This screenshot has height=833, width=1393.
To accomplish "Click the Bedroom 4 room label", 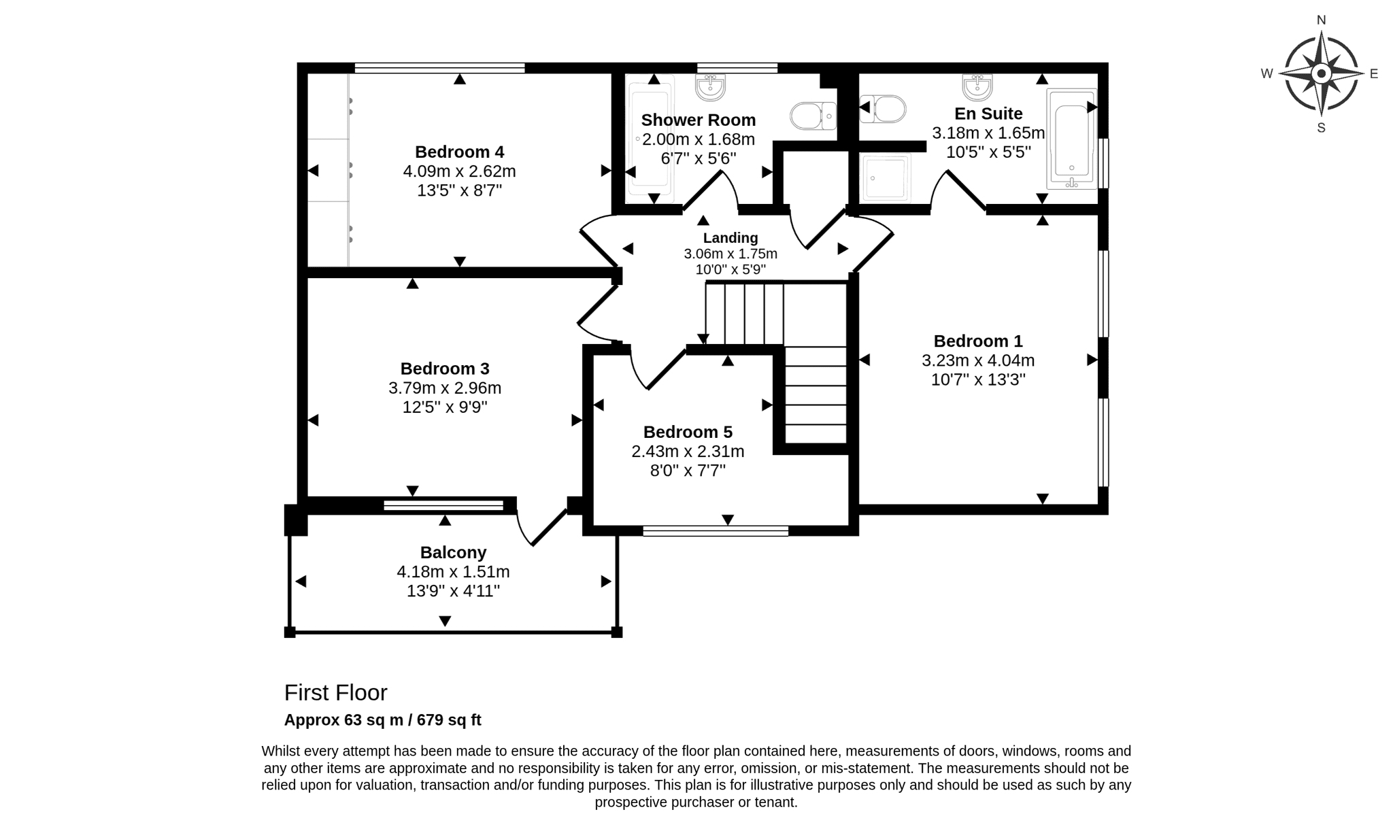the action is coord(460,152).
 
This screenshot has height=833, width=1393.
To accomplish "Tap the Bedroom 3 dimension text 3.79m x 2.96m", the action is coord(445,388).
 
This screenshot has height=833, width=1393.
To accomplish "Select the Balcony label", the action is coord(453,553).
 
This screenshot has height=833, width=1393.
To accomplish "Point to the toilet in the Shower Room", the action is coord(813,116).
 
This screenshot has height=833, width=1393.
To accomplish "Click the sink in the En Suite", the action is coord(977,87).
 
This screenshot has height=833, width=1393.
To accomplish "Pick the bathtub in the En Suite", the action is coord(1071,139).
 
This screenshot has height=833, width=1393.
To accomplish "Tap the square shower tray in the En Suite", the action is coord(886,178).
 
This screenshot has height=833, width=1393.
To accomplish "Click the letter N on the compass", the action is coord(1322,20).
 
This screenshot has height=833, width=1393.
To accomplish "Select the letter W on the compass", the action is coord(1267,73).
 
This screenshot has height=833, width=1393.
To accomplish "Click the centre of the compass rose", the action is coord(1322,73).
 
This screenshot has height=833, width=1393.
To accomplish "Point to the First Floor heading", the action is coord(335,692).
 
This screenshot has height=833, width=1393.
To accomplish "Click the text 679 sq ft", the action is coord(449,720).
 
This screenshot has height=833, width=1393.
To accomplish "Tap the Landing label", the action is coord(731,238).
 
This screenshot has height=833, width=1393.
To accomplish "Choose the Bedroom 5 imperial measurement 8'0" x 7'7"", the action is coord(688,471).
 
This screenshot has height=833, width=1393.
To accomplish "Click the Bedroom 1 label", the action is coord(978,341).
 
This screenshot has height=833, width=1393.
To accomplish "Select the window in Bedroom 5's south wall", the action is coord(716,530).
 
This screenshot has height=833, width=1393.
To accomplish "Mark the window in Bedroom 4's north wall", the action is coord(440,68).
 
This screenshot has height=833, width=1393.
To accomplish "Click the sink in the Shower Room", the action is coord(711,87).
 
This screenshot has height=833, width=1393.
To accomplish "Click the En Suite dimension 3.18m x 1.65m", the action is coord(988,133).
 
